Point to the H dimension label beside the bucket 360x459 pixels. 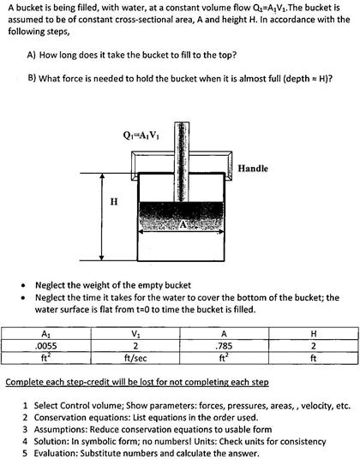tap(116, 202)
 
